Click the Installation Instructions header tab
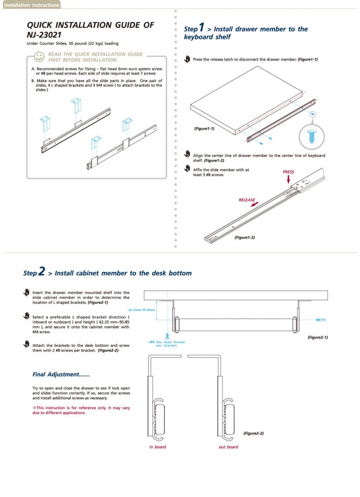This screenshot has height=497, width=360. click(31, 5)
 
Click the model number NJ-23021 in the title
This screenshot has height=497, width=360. click(44, 35)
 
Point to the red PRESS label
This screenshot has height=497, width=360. click(288, 172)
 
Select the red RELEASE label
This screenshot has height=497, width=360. click(247, 200)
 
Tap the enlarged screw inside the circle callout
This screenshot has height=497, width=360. click(312, 135)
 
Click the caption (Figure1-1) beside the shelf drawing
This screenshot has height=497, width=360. click(204, 129)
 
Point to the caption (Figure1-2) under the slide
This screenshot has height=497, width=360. click(244, 237)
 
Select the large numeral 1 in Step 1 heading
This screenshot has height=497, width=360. click(202, 28)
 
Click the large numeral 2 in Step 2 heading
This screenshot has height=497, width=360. click(41, 272)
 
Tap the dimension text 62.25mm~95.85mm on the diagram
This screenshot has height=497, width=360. click(142, 310)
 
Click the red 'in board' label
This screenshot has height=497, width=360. click(157, 447)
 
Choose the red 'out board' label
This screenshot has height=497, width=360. click(229, 447)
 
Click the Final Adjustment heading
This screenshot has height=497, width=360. click(61, 374)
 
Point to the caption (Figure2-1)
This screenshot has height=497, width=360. click(317, 337)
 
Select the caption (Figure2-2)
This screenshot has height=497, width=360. click(254, 433)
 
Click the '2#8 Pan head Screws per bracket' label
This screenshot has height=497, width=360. click(167, 344)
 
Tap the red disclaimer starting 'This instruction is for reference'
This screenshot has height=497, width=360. click(81, 410)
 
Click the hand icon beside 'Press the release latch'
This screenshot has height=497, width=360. click(187, 59)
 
